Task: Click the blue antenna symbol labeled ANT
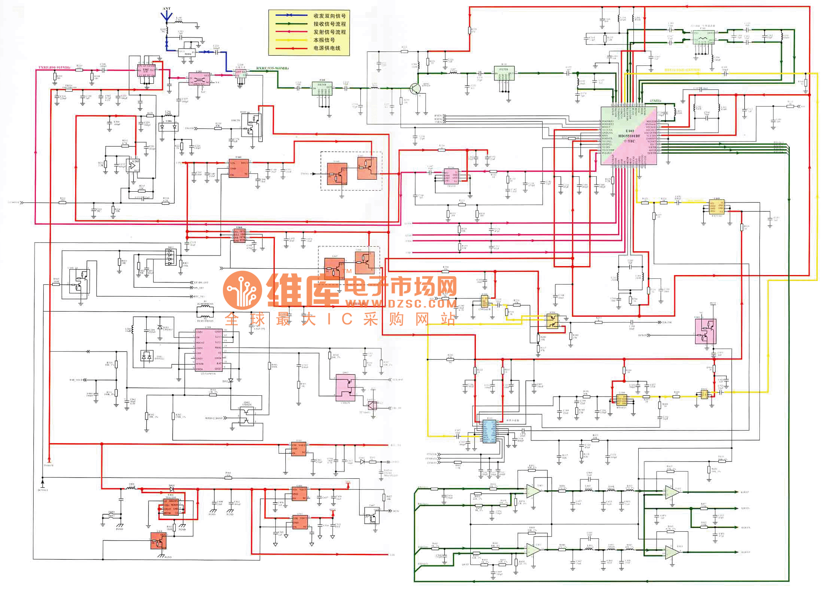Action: tap(166, 16)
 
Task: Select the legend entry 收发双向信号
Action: tap(329, 16)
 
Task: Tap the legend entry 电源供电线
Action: tap(327, 48)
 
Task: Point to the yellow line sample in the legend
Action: tap(291, 40)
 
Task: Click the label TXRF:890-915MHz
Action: tap(54, 68)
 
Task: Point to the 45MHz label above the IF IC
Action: tap(655, 101)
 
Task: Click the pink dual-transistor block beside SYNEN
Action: tap(705, 332)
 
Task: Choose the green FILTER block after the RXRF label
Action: tap(322, 89)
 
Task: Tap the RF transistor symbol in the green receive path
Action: tap(415, 89)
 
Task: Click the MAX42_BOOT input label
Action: tap(214, 418)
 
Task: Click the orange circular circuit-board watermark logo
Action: tap(242, 290)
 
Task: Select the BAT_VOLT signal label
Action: tap(76, 380)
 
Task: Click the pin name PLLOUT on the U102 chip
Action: tap(607, 153)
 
